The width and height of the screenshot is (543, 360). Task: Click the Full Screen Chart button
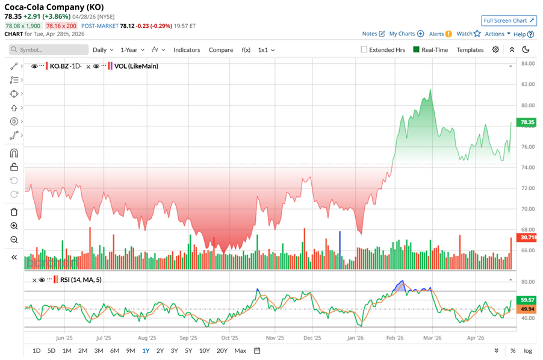(x=509, y=20)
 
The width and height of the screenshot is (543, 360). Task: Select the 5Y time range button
(x=188, y=350)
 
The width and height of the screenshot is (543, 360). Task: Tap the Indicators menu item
(x=187, y=50)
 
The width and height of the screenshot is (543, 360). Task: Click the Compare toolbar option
(x=221, y=50)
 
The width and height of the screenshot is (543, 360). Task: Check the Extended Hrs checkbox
(x=364, y=50)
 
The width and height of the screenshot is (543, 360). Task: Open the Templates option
(x=470, y=50)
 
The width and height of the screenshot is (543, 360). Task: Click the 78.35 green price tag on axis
(x=527, y=122)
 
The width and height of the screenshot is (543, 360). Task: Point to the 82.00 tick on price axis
(x=528, y=84)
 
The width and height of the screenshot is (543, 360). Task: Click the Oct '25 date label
(x=230, y=338)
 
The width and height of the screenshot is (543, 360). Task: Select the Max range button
(x=240, y=350)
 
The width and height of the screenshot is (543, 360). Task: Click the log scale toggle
(x=528, y=350)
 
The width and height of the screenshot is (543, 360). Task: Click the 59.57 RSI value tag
(x=527, y=299)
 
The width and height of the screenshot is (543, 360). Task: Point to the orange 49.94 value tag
(x=527, y=308)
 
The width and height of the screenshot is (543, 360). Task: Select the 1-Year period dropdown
(x=132, y=50)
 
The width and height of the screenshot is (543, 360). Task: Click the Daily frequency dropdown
(x=102, y=50)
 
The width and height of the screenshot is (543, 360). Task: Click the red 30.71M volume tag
(x=527, y=238)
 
